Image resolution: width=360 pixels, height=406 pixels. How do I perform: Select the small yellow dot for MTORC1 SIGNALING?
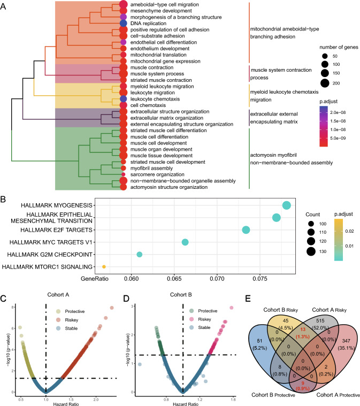coord(104,266)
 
